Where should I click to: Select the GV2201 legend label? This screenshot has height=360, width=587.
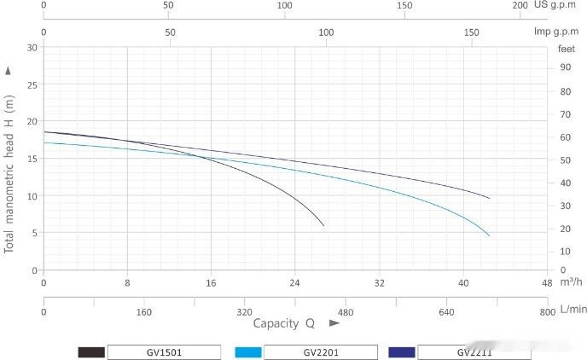click(x=320, y=351)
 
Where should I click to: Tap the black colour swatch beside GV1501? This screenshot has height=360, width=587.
click(x=91, y=351)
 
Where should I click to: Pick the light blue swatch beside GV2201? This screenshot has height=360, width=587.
click(x=247, y=351)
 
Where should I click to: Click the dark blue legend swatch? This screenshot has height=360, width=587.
click(x=402, y=351)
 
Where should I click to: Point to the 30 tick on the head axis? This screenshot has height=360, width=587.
click(x=32, y=48)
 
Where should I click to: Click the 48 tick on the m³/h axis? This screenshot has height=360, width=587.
click(x=547, y=282)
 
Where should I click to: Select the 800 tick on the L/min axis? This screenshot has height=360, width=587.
click(x=547, y=313)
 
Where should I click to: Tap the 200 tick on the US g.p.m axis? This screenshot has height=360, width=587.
click(x=520, y=5)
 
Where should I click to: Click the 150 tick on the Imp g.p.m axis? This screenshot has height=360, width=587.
click(x=471, y=32)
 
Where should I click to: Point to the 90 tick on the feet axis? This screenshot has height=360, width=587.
click(x=565, y=67)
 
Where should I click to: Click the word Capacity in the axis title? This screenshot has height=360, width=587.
click(x=275, y=323)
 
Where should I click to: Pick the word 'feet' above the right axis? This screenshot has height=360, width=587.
click(x=567, y=49)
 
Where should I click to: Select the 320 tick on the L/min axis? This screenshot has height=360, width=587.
click(x=245, y=313)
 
